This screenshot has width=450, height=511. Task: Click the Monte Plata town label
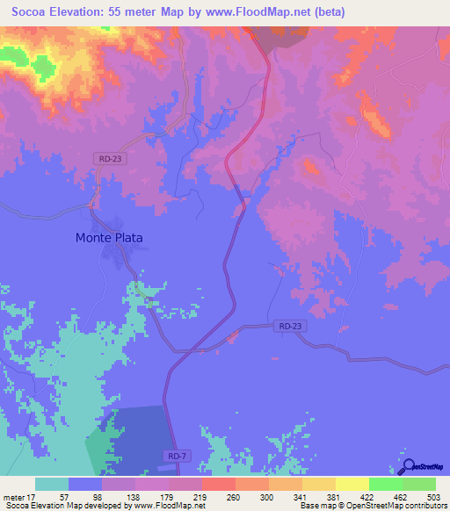click(109, 237)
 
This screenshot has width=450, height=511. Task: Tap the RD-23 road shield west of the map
click(108, 158)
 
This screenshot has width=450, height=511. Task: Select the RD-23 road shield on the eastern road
click(290, 326)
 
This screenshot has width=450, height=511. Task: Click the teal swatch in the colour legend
click(52, 484)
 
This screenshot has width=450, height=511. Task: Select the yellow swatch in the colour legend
click(352, 484)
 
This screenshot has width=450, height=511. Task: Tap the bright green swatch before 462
click(385, 484)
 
